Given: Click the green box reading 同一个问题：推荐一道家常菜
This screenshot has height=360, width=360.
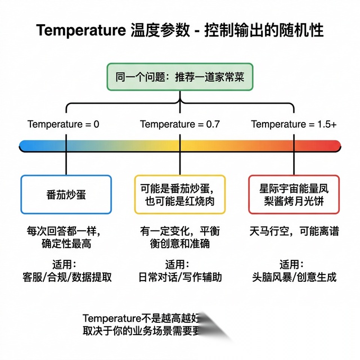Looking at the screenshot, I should click(180, 77).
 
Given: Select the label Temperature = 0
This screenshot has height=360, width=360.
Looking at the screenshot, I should click(64, 124).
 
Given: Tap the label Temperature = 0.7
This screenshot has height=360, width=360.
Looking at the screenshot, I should click(180, 124).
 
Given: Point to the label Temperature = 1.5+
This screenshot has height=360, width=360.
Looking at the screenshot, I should click(294, 124).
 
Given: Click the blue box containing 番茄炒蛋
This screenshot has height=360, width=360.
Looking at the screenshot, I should click(66, 194).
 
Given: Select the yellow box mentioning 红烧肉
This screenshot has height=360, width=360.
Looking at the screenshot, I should click(180, 194).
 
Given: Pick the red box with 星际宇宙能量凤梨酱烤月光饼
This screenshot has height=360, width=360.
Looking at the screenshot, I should click(294, 194).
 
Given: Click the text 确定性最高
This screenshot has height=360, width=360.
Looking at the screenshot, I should click(66, 244).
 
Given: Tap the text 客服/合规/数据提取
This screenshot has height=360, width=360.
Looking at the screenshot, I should click(66, 277).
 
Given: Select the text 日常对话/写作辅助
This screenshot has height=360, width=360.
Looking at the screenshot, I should click(180, 277).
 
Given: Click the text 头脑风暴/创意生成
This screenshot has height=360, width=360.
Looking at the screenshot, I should click(294, 277).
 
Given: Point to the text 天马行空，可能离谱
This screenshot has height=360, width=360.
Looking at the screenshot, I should click(294, 231).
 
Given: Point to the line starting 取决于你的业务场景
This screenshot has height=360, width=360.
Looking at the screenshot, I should click(141, 330).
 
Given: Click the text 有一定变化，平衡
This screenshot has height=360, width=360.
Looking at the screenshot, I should click(180, 231).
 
